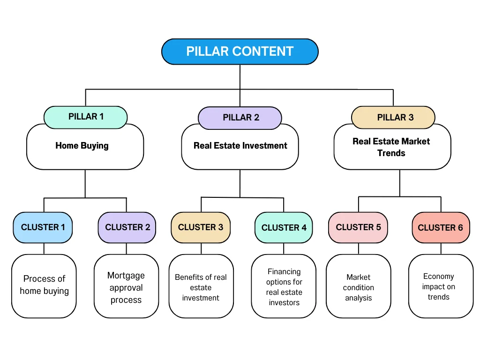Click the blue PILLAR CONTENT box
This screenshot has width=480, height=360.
(x=240, y=52)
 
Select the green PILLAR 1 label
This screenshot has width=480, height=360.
(x=86, y=117)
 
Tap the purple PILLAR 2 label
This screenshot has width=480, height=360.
(x=240, y=118)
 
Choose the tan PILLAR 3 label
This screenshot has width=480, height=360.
(x=393, y=118)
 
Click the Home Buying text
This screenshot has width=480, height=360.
(x=82, y=146)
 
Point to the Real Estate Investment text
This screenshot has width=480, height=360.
(x=240, y=146)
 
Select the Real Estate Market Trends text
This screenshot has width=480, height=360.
(x=391, y=147)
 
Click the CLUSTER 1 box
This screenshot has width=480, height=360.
(x=43, y=227)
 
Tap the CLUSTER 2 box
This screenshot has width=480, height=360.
(x=127, y=227)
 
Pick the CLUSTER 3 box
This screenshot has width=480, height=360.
(x=201, y=227)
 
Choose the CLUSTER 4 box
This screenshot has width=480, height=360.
(x=284, y=227)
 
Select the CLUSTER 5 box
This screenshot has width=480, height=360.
(x=358, y=227)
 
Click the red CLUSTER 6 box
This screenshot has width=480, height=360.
(x=440, y=228)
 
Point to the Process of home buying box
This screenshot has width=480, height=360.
(x=44, y=286)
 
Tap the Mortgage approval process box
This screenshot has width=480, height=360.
(x=126, y=286)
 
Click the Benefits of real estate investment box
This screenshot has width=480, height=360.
(x=201, y=286)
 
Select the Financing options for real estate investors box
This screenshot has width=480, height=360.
(x=284, y=286)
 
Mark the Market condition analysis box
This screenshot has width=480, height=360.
(x=359, y=286)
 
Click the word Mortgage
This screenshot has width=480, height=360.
(x=126, y=276)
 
